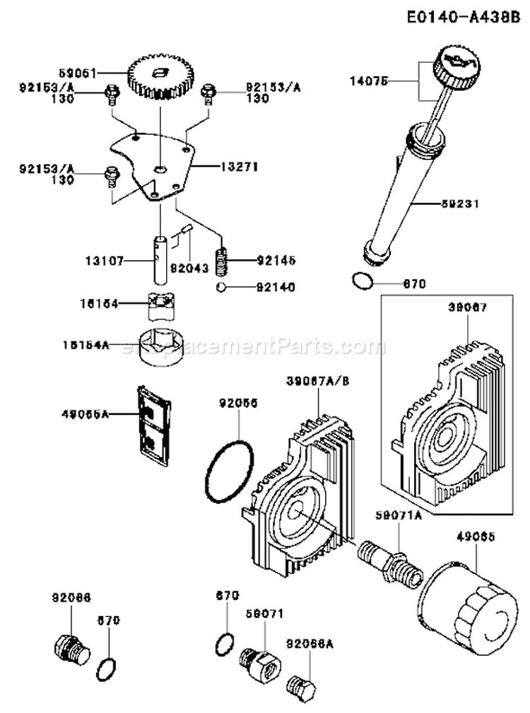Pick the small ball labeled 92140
(x=221, y=287)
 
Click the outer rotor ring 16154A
(x=162, y=347)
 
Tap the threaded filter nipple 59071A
(x=384, y=556)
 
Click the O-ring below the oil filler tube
(x=361, y=281)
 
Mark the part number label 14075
(x=369, y=81)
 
